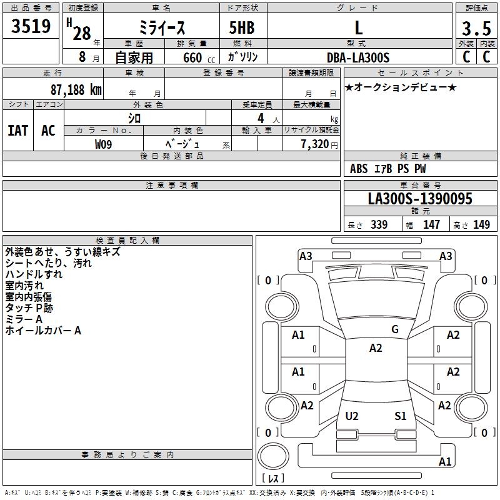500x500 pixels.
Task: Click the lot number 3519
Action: (x=31, y=27)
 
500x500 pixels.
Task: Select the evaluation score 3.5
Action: (x=475, y=29)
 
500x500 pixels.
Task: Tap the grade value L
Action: (x=358, y=28)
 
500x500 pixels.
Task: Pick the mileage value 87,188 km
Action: (x=76, y=89)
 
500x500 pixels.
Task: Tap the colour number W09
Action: (x=104, y=144)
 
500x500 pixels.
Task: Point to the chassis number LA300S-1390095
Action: (x=420, y=199)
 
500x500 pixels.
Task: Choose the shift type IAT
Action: (x=18, y=131)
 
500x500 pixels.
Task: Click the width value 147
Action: (x=431, y=225)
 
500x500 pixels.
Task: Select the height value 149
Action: (x=481, y=225)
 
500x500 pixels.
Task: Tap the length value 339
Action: (x=379, y=225)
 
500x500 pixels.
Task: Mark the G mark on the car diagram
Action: (x=394, y=329)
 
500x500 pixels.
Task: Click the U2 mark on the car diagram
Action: (x=352, y=416)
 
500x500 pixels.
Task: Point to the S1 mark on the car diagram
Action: (x=401, y=416)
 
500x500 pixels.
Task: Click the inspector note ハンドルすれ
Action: (x=34, y=274)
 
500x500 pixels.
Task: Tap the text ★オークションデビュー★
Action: (x=401, y=87)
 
